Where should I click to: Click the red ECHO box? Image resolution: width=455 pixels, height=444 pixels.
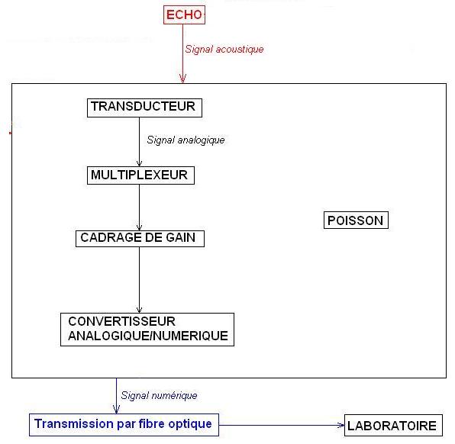click(184, 14)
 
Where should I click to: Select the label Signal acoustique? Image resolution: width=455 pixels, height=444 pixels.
click(224, 49)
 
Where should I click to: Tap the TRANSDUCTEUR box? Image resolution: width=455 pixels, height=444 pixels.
click(144, 108)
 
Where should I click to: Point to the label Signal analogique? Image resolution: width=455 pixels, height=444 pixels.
click(186, 140)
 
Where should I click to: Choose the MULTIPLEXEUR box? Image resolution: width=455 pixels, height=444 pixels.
click(140, 175)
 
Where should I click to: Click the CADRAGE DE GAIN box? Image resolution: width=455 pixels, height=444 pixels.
click(140, 239)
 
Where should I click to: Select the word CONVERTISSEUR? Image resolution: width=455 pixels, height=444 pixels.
click(121, 321)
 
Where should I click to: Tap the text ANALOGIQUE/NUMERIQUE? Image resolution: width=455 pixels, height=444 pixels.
click(148, 336)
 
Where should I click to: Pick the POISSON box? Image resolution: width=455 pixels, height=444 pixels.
click(356, 220)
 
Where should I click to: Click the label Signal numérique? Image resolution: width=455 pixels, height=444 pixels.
click(159, 395)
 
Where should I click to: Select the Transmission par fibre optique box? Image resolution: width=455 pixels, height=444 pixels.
click(124, 425)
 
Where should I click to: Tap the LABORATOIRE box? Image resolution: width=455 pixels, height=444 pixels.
click(393, 426)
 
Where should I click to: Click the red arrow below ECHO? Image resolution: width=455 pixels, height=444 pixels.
click(182, 53)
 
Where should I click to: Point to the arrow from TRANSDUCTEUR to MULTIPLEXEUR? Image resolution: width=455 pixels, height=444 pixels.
click(139, 142)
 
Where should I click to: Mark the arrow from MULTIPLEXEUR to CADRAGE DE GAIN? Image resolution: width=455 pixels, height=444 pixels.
click(139, 208)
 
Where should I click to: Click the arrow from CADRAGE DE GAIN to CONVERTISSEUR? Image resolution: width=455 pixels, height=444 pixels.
click(139, 280)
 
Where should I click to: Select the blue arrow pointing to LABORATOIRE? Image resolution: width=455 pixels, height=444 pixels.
click(282, 426)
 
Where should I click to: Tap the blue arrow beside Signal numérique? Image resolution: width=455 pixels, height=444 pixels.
click(116, 396)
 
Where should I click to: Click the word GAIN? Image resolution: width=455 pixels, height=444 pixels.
click(180, 237)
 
